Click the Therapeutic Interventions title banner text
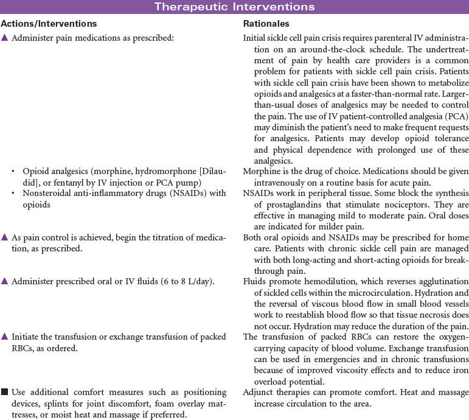click(234, 7)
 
